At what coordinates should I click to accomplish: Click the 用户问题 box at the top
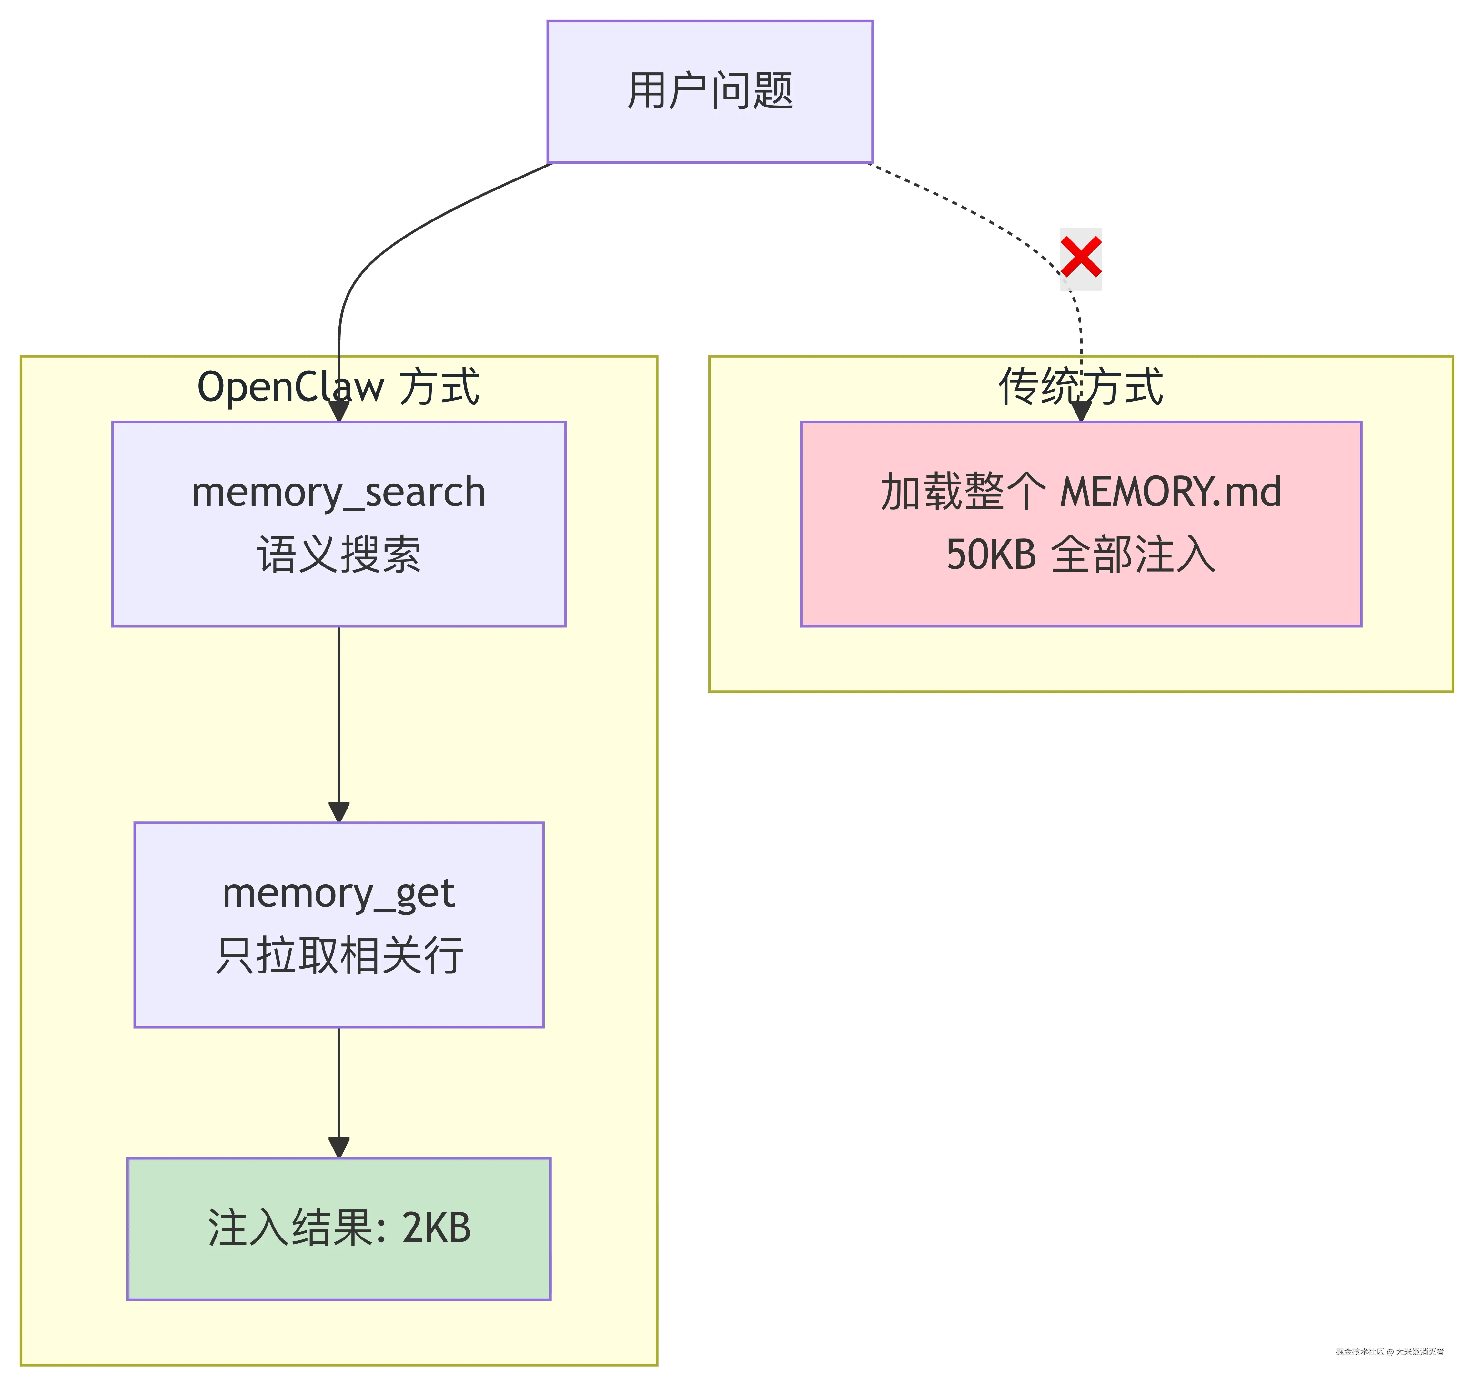[710, 91]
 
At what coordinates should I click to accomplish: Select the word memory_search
[339, 493]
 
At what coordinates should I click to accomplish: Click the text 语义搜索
[339, 555]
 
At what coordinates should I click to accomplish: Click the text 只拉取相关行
[339, 956]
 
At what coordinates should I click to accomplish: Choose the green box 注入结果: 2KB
[339, 1229]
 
